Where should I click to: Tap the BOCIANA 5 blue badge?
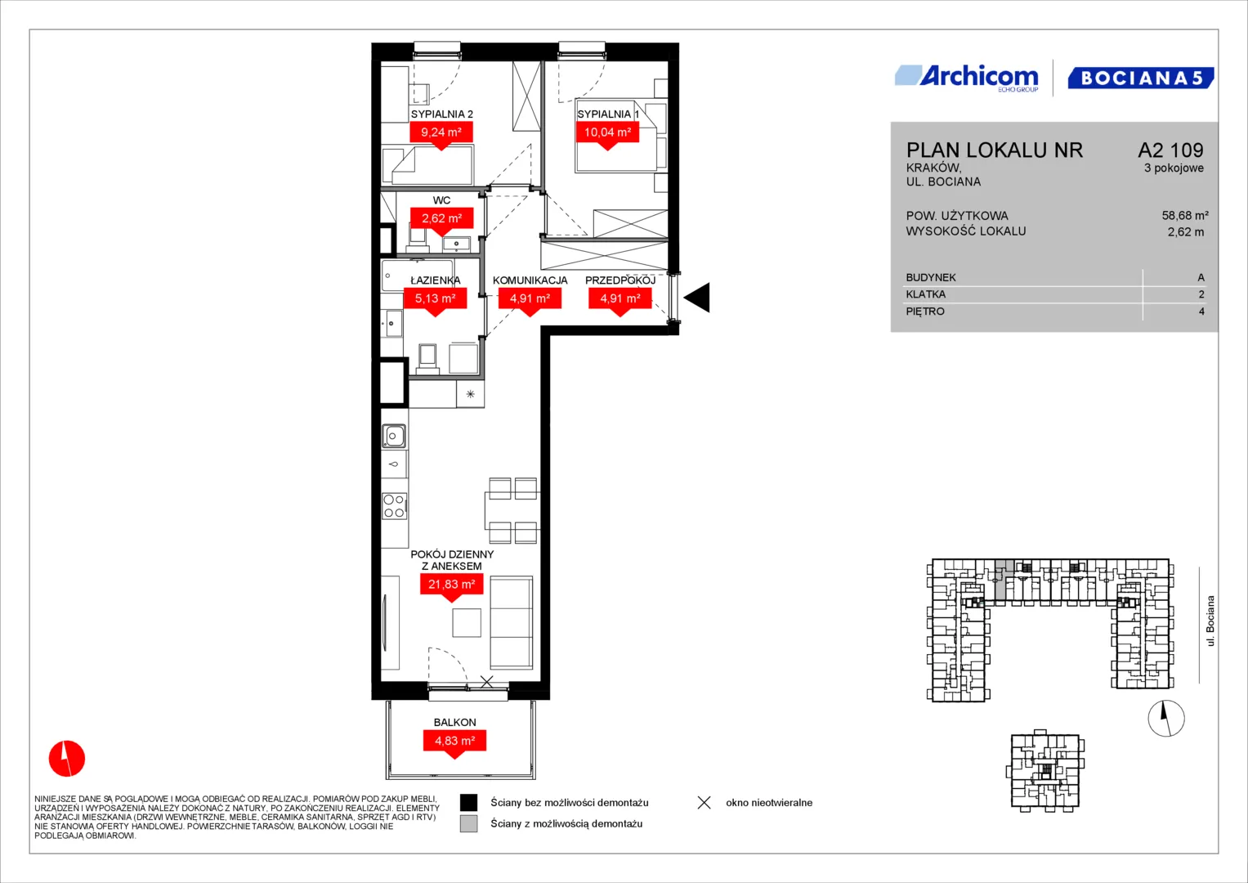tap(1141, 78)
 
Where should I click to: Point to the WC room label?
tap(442, 200)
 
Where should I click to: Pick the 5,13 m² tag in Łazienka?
tap(435, 302)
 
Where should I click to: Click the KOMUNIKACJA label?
tap(530, 280)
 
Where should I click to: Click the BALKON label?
tap(454, 723)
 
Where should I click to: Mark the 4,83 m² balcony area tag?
tap(454, 744)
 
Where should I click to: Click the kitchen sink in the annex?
tap(394, 436)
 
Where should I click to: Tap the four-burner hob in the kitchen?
tap(394, 506)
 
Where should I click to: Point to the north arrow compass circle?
tap(1166, 718)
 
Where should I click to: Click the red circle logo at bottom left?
tap(67, 758)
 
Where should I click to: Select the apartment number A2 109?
tap(1170, 150)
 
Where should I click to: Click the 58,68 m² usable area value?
tap(1185, 215)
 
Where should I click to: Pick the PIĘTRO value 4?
tap(1201, 312)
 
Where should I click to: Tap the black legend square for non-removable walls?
tap(468, 803)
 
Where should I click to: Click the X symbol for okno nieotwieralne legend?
tap(705, 803)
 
